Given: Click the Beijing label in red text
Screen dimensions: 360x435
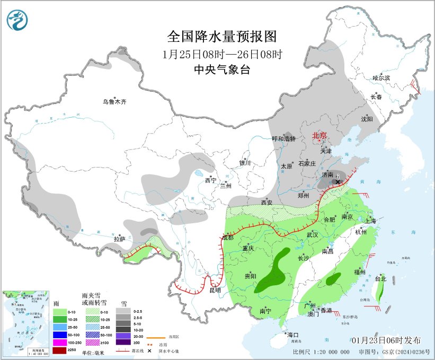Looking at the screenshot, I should (319, 135).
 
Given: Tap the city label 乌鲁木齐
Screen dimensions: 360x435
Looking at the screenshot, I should (115, 102).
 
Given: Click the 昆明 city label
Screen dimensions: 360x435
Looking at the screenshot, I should (215, 291).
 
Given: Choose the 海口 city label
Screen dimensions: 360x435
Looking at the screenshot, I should (292, 335).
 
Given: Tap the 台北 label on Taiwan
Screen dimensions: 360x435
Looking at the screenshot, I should (380, 278).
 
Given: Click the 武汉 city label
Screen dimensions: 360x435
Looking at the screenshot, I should (312, 234).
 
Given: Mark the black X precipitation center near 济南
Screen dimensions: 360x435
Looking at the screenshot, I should (337, 182).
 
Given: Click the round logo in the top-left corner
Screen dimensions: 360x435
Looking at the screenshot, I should (17, 20).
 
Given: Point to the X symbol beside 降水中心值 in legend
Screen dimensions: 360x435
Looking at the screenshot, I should (150, 351).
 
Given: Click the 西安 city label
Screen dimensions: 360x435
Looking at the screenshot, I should (266, 202).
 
